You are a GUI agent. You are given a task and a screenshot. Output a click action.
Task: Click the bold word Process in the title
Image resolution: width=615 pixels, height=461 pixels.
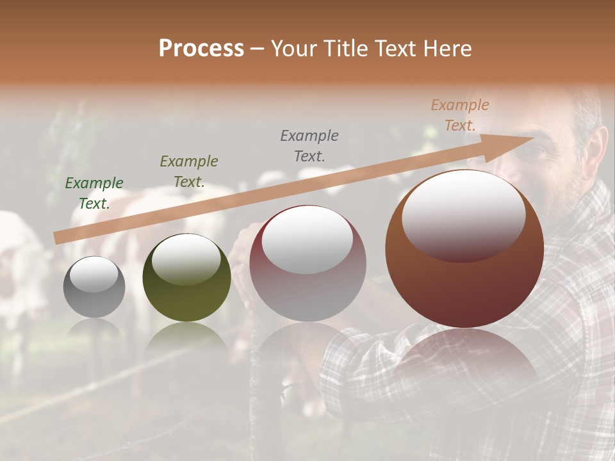click(201, 49)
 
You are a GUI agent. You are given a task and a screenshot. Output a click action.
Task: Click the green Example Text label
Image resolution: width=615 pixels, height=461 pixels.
click(94, 193)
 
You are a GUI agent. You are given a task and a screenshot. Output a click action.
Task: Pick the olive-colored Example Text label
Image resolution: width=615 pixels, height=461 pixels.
click(189, 171)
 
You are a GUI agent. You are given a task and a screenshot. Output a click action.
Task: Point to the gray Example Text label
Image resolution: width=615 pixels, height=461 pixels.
click(309, 145)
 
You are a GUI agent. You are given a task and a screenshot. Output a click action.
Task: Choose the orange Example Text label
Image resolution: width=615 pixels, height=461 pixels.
click(460, 115)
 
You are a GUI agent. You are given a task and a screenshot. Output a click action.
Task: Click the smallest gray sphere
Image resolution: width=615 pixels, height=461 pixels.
click(94, 287)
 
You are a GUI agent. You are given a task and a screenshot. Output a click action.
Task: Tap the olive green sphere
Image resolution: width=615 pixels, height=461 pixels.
click(186, 277)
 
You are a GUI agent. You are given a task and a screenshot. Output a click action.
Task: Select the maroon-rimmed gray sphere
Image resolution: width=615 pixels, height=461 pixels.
click(307, 263)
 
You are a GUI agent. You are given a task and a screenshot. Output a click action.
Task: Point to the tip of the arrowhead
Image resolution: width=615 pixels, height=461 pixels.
click(534, 138)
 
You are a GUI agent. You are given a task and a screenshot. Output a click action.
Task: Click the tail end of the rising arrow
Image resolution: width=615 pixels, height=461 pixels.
click(56, 238)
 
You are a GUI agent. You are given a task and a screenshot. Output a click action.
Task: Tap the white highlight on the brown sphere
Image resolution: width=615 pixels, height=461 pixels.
click(463, 214)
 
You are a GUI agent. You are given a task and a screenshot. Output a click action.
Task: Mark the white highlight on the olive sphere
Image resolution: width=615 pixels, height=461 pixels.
click(186, 259)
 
